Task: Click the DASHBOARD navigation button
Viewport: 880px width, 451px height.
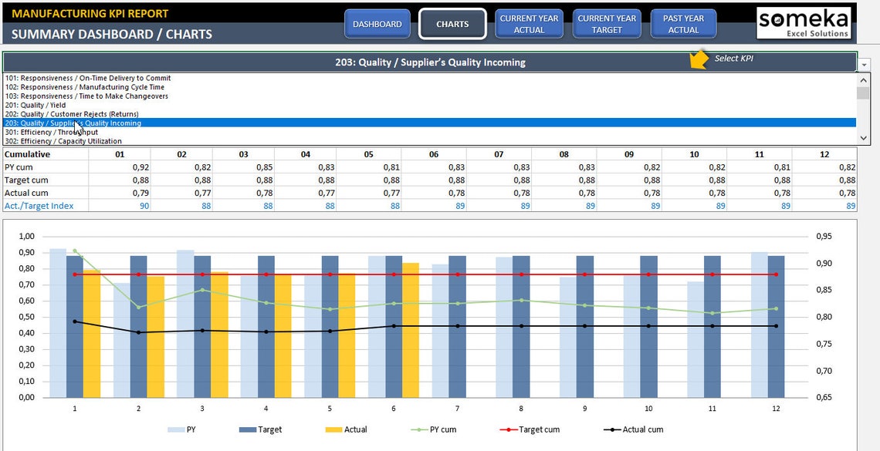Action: pos(377,24)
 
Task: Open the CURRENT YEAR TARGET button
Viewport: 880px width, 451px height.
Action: pos(607,24)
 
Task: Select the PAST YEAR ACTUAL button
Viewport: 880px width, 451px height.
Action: pos(683,24)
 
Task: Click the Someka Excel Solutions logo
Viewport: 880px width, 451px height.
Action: pos(803,22)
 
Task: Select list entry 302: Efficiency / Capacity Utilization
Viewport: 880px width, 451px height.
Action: pos(63,141)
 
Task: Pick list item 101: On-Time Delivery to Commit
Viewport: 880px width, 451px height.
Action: pos(88,78)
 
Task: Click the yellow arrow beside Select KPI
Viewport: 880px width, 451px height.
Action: pos(699,59)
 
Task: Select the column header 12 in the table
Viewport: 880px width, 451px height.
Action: pos(825,154)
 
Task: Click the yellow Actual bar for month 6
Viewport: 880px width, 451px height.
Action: pos(411,330)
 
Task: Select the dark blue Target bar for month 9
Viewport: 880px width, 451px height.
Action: pos(585,326)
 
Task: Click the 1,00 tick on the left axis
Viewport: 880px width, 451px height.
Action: pos(26,237)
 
